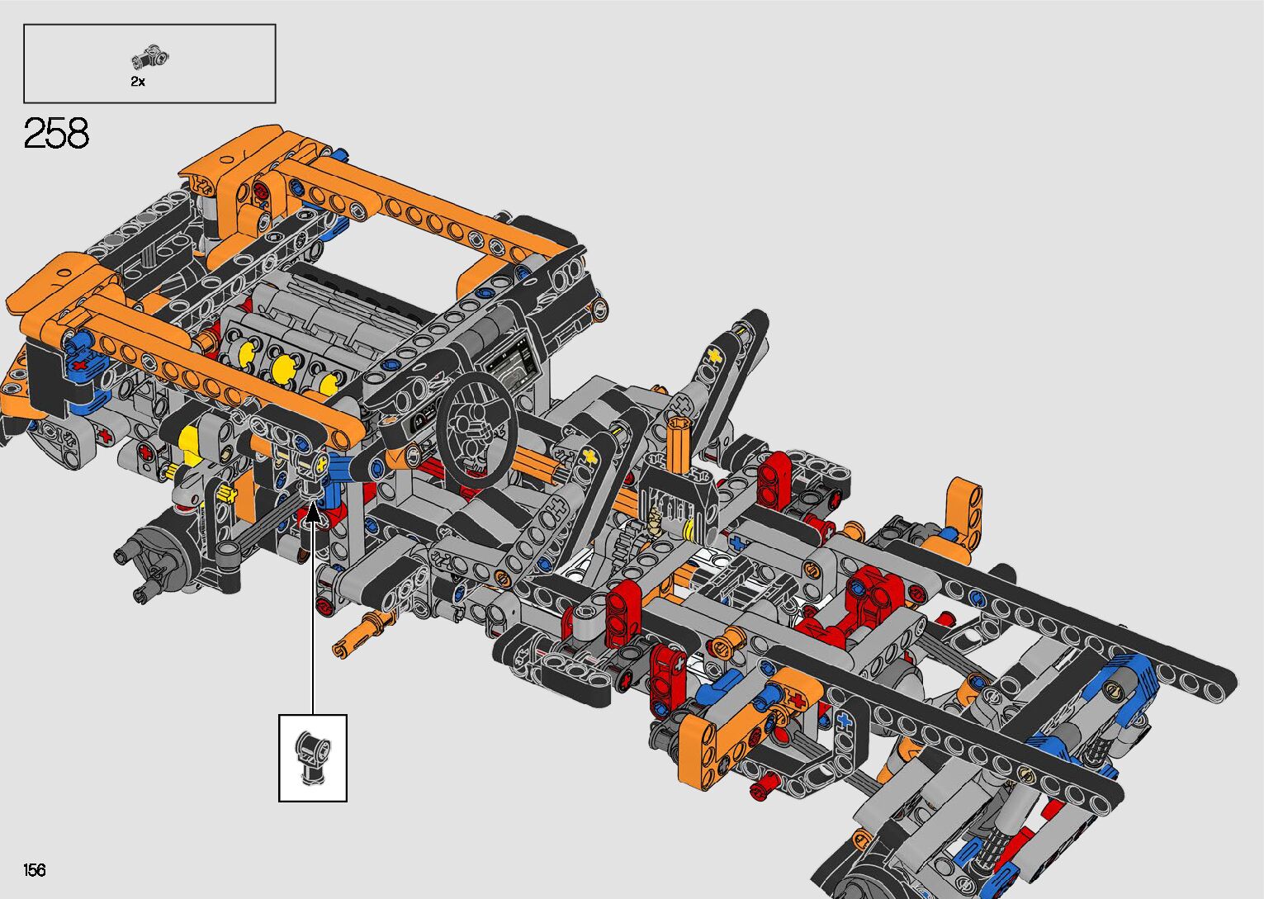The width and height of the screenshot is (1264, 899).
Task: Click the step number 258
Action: (56, 133)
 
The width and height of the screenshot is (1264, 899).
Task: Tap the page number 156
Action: (35, 869)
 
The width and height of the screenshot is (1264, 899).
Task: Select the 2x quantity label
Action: (138, 82)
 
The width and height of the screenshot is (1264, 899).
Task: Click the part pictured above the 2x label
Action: (150, 58)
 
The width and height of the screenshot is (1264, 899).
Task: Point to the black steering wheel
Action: (477, 429)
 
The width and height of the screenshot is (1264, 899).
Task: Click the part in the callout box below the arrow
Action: (313, 756)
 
